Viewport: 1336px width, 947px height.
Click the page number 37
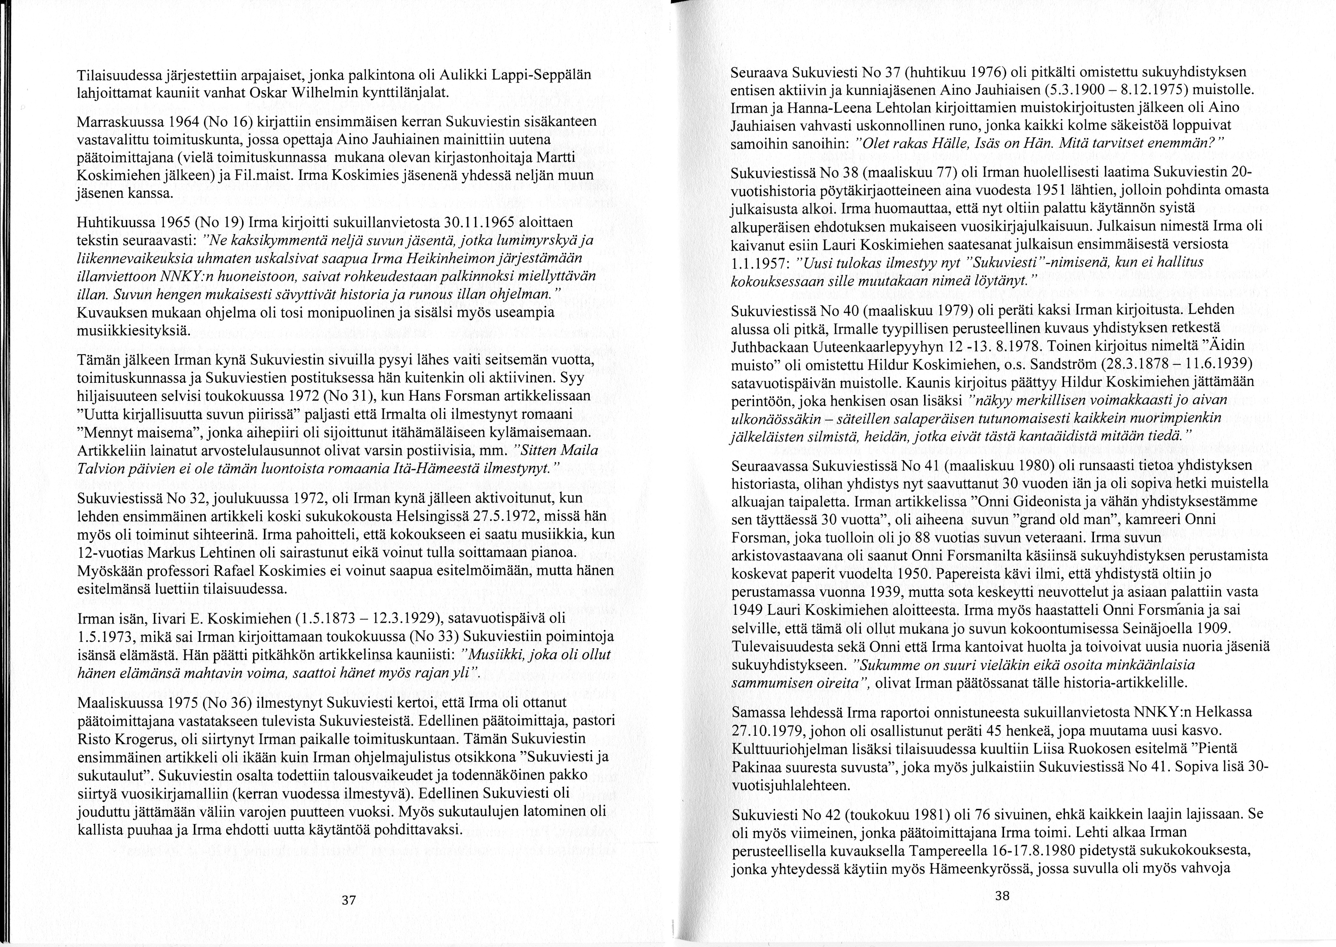pyautogui.click(x=348, y=900)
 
